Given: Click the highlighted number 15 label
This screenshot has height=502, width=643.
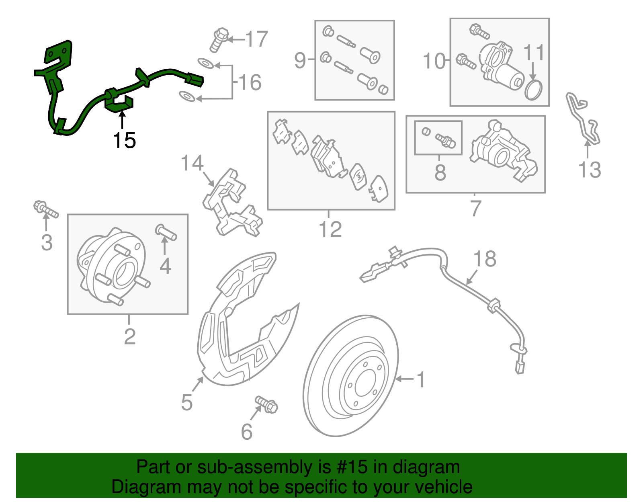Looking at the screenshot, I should pos(124,140).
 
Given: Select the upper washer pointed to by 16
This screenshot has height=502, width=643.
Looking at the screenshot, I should pos(206,63).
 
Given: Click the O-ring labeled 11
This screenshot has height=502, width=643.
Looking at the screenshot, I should pos(533,90).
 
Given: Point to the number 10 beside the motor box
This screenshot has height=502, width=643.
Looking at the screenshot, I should pos(434,61).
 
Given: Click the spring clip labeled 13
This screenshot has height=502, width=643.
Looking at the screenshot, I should pos(583,119).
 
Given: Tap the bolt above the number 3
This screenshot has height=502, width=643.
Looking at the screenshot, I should pos(45,209).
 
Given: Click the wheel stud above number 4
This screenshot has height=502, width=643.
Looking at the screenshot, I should pos(166,232).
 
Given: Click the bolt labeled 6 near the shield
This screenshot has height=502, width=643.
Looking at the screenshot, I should pos(266,404).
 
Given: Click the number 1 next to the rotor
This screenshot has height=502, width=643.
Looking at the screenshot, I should pos(421,379).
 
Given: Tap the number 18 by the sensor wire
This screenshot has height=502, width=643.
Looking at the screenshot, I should pos(485,259).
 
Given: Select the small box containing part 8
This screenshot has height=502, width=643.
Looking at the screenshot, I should pos(438,138).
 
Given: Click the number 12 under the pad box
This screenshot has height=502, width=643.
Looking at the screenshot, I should pos(330,229).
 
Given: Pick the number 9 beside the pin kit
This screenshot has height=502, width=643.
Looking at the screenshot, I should pos(300,60).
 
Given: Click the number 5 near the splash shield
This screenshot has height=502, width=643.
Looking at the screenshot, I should pos(186,402).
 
